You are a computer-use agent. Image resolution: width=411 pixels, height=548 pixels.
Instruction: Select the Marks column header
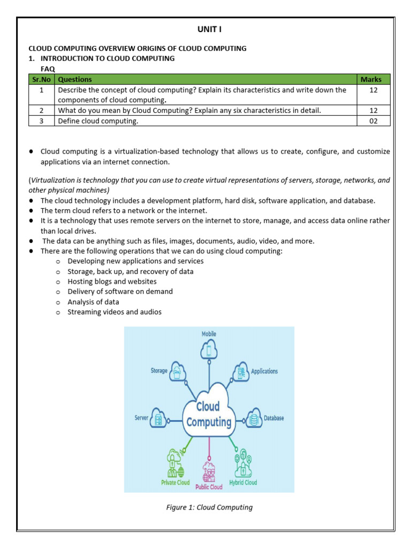[371, 79]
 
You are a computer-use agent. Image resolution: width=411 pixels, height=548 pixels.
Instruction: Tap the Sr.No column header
[41, 79]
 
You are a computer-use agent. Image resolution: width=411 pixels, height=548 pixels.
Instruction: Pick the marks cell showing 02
[373, 121]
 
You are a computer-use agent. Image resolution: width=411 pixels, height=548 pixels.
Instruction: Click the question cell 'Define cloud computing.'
[98, 121]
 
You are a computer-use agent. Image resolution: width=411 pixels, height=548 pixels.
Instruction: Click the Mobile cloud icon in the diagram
[209, 351]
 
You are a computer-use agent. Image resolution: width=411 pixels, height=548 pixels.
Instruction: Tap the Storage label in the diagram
[159, 370]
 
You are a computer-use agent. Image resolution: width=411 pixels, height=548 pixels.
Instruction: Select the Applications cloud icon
[241, 372]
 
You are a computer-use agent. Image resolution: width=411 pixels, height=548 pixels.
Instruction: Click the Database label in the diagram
[273, 418]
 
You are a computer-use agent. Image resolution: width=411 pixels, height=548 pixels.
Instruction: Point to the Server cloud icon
[158, 418]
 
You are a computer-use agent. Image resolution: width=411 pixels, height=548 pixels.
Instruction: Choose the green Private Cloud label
[176, 482]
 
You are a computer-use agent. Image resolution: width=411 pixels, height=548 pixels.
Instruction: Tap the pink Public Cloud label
[209, 487]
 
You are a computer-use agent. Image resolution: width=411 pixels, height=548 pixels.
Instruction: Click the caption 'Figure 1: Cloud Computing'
[209, 507]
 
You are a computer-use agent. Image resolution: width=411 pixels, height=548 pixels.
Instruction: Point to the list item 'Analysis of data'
[93, 302]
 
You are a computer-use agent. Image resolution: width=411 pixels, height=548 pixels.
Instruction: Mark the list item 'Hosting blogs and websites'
[112, 281]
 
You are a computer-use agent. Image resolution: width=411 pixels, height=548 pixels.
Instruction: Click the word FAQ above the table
[48, 69]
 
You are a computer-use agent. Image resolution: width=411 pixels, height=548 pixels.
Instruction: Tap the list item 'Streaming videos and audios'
[114, 312]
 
